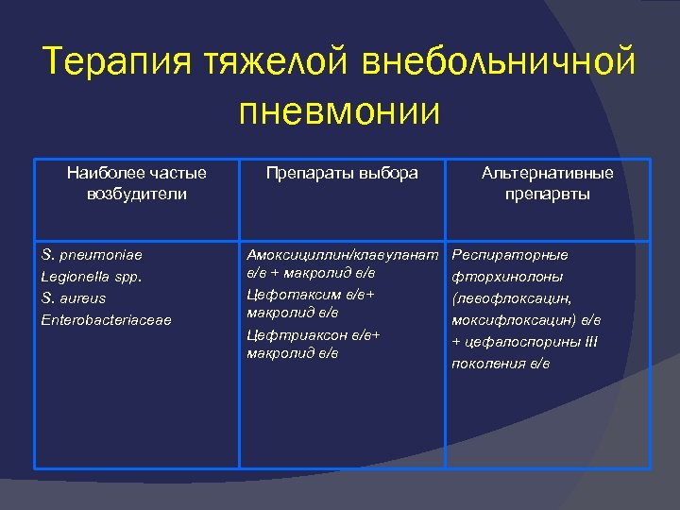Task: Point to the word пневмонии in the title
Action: click(340, 111)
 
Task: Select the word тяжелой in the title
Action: click(278, 63)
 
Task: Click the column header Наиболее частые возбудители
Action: click(137, 183)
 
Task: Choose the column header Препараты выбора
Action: click(342, 173)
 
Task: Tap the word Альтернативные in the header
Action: click(547, 173)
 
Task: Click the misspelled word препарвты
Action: click(547, 195)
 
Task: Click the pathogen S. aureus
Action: click(75, 298)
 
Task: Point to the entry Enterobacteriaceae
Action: click(107, 320)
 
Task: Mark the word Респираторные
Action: click(511, 255)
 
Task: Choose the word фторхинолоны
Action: click(508, 277)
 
